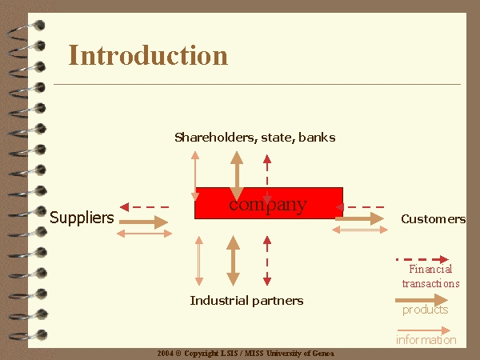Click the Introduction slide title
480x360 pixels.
point(148,55)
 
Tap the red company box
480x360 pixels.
point(269,203)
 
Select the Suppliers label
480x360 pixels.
point(82,218)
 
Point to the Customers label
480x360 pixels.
point(433,219)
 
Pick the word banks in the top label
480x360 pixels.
point(317,137)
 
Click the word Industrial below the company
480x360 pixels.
point(219,300)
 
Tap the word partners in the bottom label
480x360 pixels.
point(278,301)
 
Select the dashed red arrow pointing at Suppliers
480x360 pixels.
point(144,207)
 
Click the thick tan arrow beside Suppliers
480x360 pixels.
point(143,222)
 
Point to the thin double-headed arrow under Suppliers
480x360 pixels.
point(145,234)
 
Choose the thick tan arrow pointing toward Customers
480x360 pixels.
point(359,218)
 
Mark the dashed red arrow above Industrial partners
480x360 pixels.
point(267,261)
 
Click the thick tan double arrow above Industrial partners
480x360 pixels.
point(233,261)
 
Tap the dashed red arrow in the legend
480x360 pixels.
point(422,259)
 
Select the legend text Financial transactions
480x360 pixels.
point(430,277)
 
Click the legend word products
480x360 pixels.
point(426,310)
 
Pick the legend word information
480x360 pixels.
point(426,340)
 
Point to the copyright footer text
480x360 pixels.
point(246,354)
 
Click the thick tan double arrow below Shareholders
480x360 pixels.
point(237,176)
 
